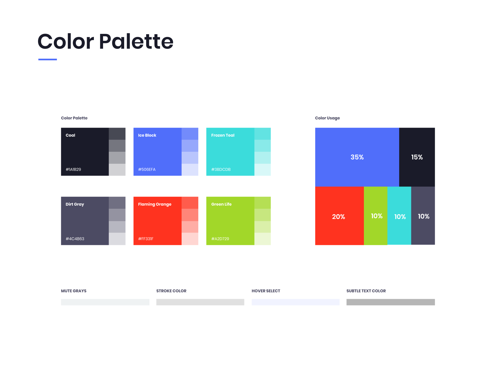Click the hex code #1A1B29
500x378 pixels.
[x=73, y=170]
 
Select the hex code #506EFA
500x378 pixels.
[x=147, y=170]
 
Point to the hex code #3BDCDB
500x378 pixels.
[x=221, y=170]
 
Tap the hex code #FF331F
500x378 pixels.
[x=146, y=239]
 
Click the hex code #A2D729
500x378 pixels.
[x=220, y=239]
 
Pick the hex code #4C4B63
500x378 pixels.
[x=75, y=239]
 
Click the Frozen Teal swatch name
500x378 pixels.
[x=223, y=135]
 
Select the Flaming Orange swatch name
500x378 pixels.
[x=155, y=204]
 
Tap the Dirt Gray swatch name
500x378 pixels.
[x=75, y=204]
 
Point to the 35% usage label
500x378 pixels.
[x=357, y=157]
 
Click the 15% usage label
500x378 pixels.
[x=417, y=157]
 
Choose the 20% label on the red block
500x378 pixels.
[x=339, y=217]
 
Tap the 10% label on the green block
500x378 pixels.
[x=377, y=216]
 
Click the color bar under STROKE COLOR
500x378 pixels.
[x=200, y=302]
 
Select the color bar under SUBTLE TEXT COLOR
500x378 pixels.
[x=391, y=302]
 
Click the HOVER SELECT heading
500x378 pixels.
[x=266, y=291]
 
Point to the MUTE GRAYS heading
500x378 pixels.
[x=74, y=291]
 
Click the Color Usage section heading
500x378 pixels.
[x=327, y=118]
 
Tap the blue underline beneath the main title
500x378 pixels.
[x=47, y=59]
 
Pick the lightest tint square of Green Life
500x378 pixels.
[x=262, y=239]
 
